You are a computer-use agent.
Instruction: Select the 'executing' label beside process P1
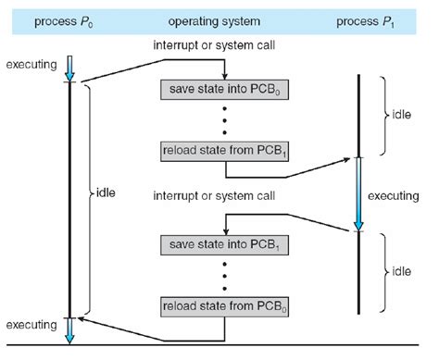(396, 196)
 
